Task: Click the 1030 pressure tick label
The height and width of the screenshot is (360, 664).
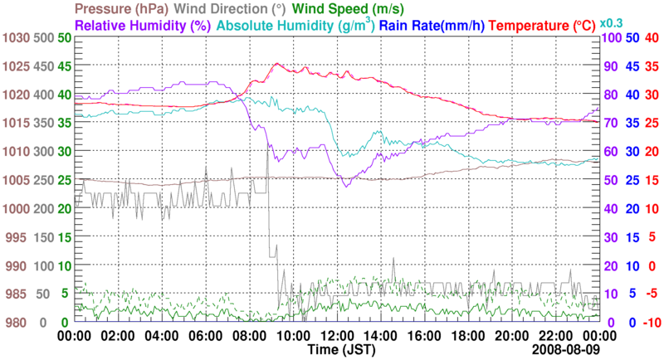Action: [16, 38]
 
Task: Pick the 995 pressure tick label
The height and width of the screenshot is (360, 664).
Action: [19, 237]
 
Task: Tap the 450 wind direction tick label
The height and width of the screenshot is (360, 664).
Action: [45, 66]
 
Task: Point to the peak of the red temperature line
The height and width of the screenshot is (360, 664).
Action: [277, 64]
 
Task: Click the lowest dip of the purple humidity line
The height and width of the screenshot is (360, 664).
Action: [345, 186]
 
